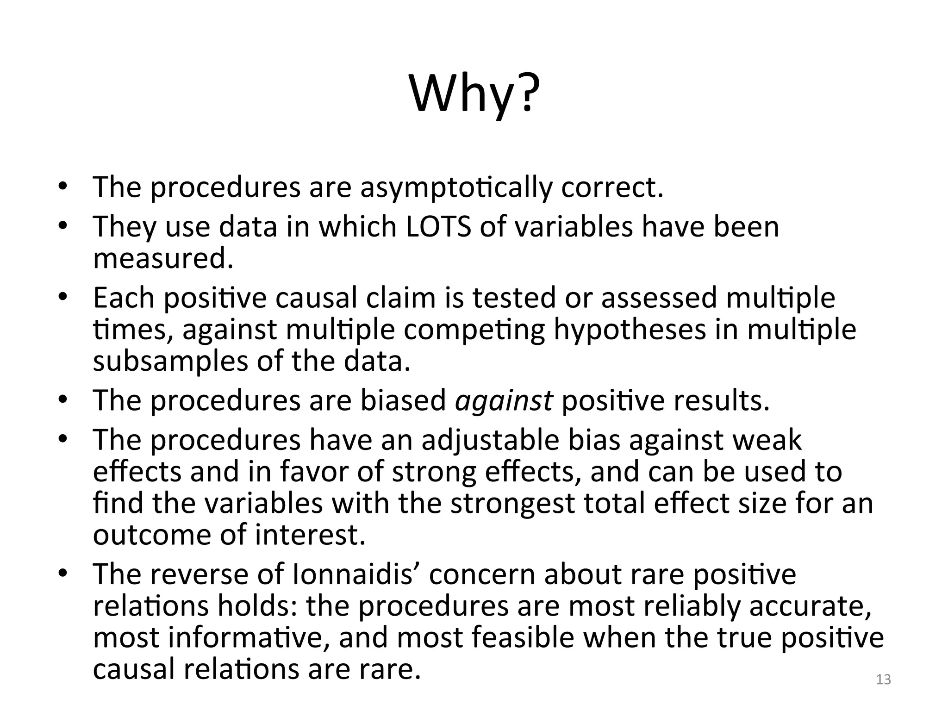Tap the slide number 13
click(x=883, y=680)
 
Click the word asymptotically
click(x=456, y=187)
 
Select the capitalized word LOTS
click(x=438, y=227)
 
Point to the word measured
click(x=163, y=258)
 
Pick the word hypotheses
click(x=630, y=330)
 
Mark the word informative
click(x=249, y=637)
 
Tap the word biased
click(x=403, y=400)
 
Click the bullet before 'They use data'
click(x=63, y=226)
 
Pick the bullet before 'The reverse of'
click(x=63, y=574)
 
